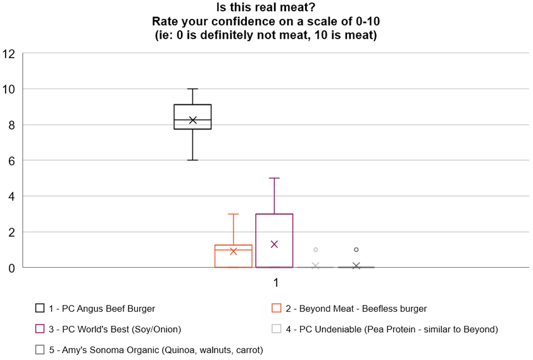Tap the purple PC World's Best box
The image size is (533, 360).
coord(274,228)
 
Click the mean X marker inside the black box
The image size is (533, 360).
coord(192,120)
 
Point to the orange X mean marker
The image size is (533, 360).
coord(234,251)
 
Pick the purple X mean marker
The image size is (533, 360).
coord(274,244)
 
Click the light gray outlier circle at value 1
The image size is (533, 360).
coord(315,250)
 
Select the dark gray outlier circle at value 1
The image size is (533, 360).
coord(356,250)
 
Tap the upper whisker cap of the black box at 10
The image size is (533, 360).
coord(192,89)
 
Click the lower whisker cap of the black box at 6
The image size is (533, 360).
coord(192,160)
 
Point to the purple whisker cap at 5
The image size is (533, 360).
coord(274,178)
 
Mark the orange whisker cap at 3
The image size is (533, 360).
coord(234,214)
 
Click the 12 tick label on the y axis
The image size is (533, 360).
coord(9,54)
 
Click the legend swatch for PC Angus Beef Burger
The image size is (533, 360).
coord(40,309)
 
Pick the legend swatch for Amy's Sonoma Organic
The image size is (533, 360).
coord(40,349)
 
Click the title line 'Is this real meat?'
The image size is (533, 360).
coord(266,8)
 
